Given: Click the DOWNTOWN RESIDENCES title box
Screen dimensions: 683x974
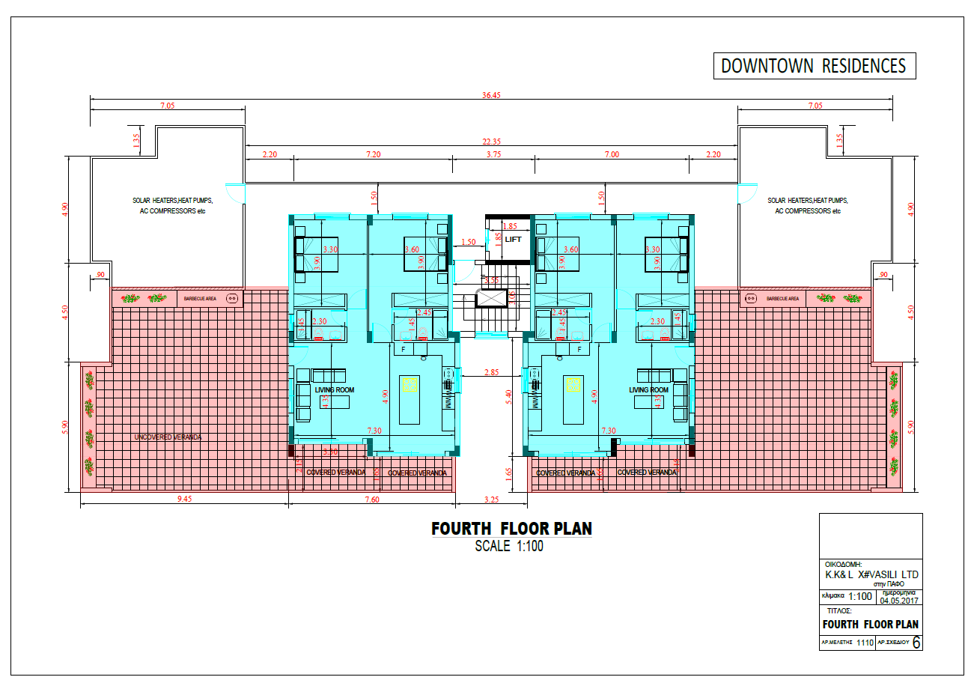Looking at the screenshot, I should click(813, 66).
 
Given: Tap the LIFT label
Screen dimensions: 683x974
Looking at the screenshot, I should click(513, 240).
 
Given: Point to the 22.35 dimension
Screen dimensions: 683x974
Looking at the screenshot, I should click(490, 142).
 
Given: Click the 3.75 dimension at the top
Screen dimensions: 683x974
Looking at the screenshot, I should click(493, 154).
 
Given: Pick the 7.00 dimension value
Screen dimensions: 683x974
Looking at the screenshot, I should click(612, 154).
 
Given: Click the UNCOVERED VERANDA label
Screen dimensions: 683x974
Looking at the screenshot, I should click(168, 437).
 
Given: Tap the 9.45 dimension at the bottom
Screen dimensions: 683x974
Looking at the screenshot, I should click(183, 500).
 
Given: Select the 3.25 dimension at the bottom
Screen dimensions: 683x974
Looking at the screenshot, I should click(492, 500).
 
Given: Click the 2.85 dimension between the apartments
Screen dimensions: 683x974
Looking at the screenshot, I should click(491, 372).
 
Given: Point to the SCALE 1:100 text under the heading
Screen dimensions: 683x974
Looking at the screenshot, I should click(509, 547).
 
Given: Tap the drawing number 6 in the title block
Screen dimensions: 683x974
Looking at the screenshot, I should click(917, 643).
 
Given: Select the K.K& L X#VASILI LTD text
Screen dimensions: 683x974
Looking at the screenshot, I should click(871, 574).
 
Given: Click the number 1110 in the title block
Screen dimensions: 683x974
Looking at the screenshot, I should click(865, 643).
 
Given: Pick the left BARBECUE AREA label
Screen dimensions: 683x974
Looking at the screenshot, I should click(200, 298).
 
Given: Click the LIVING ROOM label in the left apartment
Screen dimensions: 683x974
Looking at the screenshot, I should click(335, 390).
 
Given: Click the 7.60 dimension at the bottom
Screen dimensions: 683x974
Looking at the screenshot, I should click(371, 500).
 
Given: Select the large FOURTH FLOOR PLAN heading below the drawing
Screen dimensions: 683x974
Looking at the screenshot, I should click(511, 529).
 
